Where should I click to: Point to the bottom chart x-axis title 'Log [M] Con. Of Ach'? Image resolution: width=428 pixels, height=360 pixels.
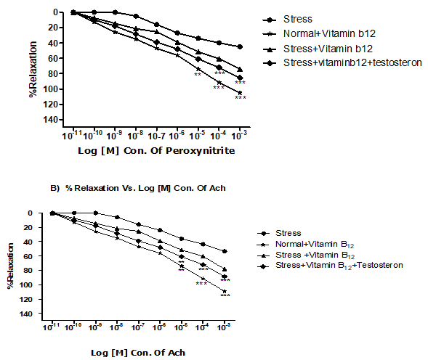point(139,352)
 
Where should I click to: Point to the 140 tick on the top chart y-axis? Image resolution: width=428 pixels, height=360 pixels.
point(55,119)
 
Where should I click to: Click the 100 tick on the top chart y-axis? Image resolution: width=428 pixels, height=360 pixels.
point(55,89)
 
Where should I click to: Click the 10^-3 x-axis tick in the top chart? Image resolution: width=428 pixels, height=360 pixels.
point(240,135)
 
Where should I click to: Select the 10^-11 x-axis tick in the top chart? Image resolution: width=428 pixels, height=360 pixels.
point(72,135)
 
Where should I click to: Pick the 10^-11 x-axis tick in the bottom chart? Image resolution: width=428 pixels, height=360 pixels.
point(52,330)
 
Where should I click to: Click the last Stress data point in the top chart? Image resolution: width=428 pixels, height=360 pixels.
point(240,46)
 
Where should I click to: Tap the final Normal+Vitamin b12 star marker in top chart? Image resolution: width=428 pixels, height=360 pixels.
point(240,92)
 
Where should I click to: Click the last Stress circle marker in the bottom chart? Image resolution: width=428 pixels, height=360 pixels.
point(225,251)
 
